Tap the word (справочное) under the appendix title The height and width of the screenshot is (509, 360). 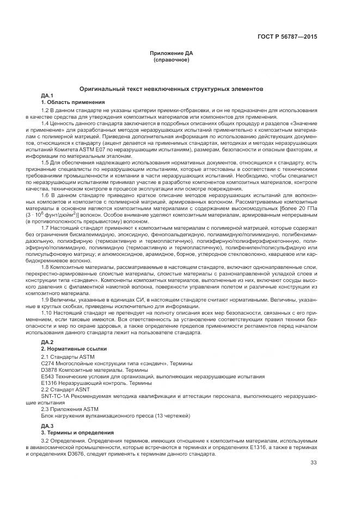[172, 59]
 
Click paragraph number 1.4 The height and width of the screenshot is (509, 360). [45, 124]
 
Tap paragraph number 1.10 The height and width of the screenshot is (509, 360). [47, 314]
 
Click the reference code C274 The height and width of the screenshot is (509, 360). [48, 363]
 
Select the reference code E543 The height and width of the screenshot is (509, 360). [48, 376]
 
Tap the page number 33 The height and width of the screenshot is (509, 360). [313, 463]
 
